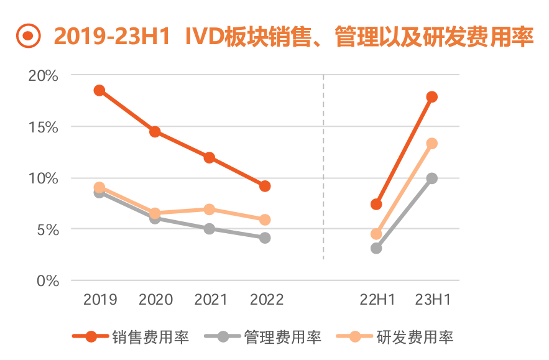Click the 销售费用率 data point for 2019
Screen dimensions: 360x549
coord(99,90)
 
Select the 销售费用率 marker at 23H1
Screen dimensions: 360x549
coord(432,96)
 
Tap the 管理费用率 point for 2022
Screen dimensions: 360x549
coord(265,238)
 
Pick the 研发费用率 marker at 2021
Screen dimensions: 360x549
coord(210,210)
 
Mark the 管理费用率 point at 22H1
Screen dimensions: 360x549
coord(376,248)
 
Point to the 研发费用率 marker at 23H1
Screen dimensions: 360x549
coord(432,144)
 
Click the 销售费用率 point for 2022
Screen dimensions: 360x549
coord(265,186)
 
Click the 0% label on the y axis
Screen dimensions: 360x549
coord(47,281)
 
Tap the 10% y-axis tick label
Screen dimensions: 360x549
coord(44,178)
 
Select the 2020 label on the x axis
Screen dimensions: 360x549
coord(155,300)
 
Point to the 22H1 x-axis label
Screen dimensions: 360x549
coord(377,300)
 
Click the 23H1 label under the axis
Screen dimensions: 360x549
coord(432,300)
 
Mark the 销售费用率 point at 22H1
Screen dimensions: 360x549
coord(376,204)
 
